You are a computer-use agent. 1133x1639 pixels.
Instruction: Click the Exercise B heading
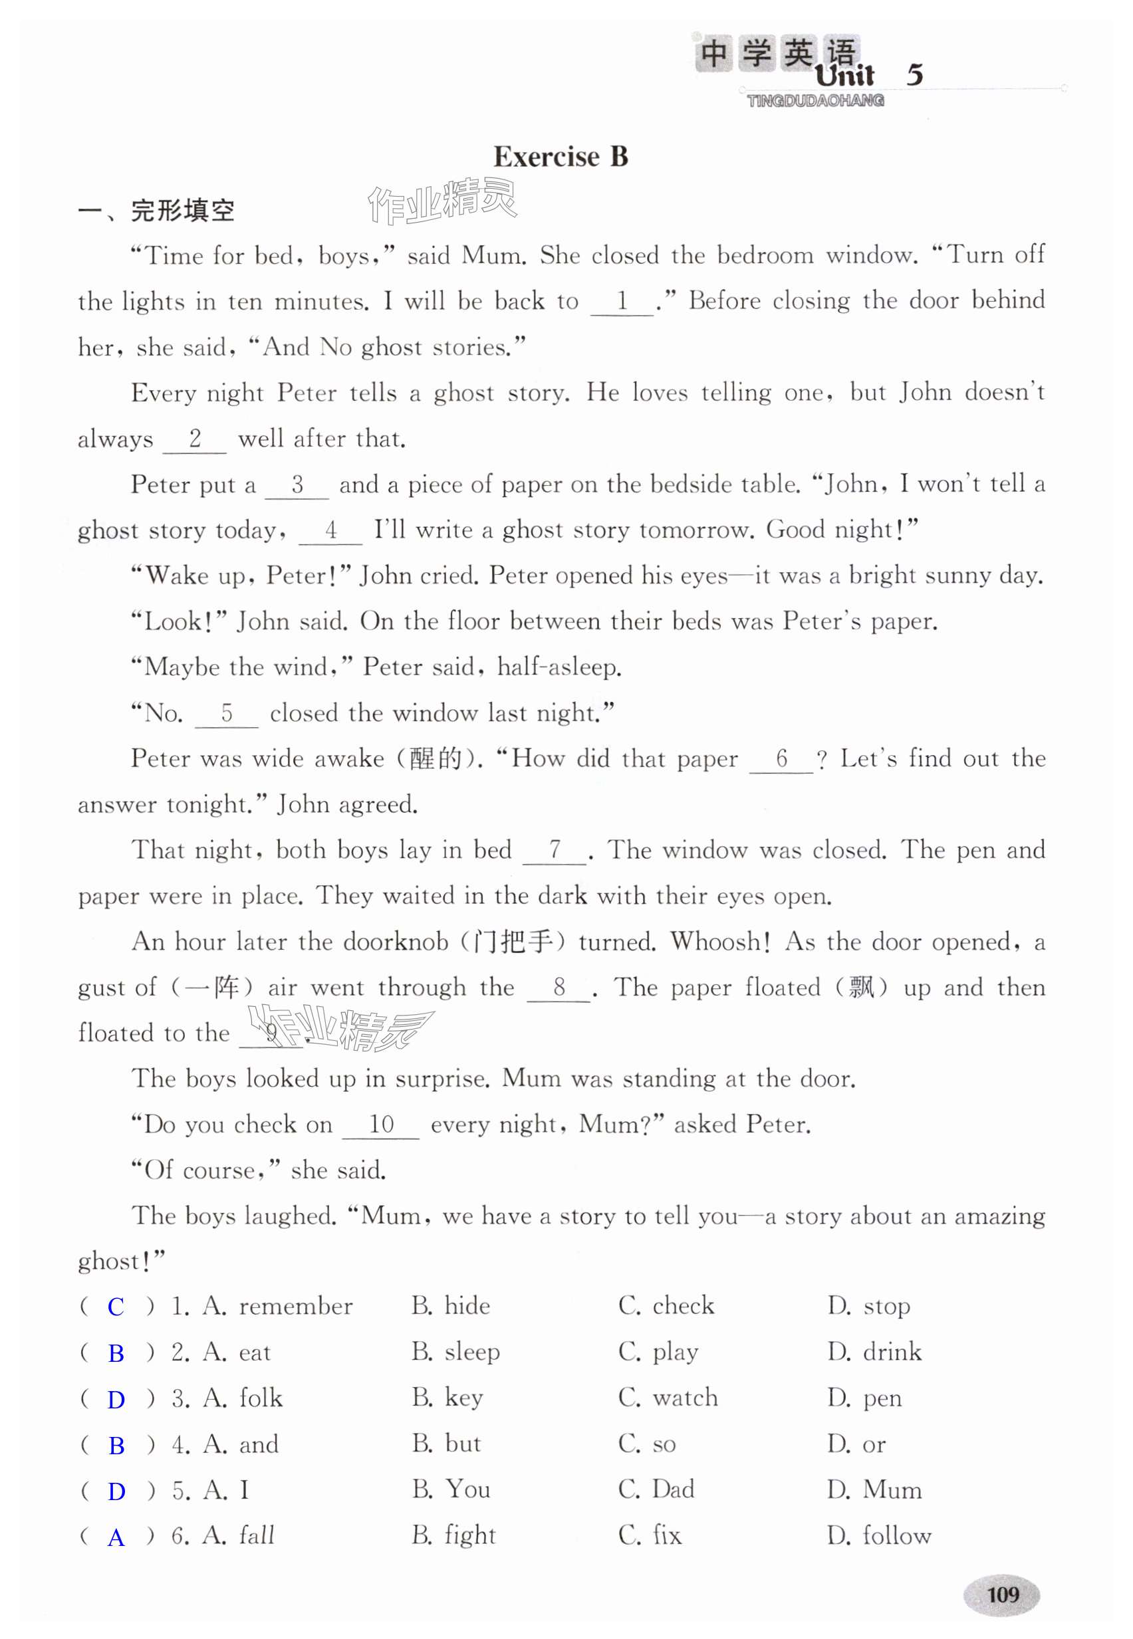coord(560,157)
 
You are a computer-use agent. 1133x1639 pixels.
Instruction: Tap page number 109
coord(1003,1594)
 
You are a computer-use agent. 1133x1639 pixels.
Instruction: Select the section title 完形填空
coord(182,211)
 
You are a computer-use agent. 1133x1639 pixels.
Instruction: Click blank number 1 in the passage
coord(622,302)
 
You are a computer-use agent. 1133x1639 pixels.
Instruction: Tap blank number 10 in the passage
coord(380,1125)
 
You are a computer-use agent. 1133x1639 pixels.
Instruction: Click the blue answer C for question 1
coord(116,1306)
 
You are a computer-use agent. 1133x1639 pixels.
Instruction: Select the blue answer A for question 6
coord(116,1537)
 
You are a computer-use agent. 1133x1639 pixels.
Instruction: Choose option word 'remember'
coord(295,1306)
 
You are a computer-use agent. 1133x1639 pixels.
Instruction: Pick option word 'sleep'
coord(472,1353)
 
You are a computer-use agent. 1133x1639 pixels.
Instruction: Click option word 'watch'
coord(685,1398)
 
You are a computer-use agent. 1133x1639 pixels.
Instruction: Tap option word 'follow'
coord(896,1535)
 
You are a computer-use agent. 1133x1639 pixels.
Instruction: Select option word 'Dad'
coord(673,1489)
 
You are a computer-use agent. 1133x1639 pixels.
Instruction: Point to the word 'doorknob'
coord(396,942)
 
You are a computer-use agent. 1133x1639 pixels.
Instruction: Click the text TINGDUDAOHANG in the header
coord(816,101)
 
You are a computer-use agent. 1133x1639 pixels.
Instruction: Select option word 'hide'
coord(467,1306)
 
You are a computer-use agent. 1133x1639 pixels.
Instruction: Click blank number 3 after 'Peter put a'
coord(297,485)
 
